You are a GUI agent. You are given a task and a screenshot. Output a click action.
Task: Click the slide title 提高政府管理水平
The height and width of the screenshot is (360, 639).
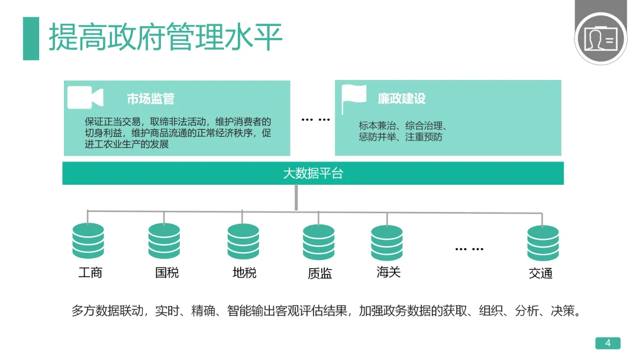[x=166, y=37]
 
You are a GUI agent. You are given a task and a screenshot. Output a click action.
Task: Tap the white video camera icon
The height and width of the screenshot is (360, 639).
[x=85, y=98]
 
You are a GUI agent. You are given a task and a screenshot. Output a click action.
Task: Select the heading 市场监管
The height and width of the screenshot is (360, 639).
[x=150, y=99]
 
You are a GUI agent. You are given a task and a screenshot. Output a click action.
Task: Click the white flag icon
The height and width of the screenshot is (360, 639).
[x=354, y=98]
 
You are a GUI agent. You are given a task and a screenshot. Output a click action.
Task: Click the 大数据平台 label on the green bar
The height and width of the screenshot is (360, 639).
[x=313, y=173]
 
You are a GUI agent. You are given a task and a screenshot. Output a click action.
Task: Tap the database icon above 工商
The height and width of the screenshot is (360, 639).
[x=88, y=242]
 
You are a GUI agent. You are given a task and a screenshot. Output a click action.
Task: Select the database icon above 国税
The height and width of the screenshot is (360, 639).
[x=164, y=242]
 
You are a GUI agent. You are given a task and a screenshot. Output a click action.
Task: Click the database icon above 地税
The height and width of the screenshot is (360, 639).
[x=243, y=242]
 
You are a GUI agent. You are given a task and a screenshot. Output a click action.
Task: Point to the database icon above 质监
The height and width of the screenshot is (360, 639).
[x=318, y=243]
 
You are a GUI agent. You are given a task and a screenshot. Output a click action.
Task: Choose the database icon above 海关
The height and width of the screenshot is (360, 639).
[x=387, y=243]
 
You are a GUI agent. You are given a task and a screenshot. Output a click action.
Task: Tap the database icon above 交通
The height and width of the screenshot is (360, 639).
[x=543, y=243]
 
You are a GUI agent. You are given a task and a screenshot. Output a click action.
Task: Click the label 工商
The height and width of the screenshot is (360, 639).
[x=91, y=273]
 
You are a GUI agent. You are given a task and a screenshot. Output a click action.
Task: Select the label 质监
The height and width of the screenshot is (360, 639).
[x=319, y=274]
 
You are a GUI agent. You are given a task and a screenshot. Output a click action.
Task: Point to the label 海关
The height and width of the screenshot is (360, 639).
[x=389, y=272]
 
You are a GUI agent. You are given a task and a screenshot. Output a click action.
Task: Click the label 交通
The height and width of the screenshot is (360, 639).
[x=541, y=274]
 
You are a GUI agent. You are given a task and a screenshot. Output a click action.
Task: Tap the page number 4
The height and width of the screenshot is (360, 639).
[x=608, y=343]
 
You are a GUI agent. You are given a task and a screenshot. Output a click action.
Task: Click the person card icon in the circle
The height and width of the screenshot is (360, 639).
[x=600, y=39]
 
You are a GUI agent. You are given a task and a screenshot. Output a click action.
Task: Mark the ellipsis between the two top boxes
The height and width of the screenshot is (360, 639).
[x=315, y=120]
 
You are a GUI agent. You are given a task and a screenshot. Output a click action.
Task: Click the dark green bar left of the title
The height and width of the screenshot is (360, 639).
[x=31, y=38]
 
